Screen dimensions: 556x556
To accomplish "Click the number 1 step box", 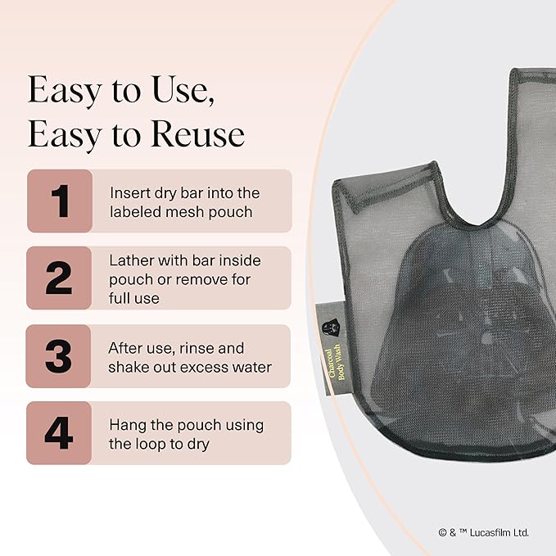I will point(59,201).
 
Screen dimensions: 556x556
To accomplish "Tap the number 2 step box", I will point(59,278).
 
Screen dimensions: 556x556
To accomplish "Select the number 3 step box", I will point(59,356).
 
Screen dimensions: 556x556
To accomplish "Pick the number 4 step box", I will point(59,433).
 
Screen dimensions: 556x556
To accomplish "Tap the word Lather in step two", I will point(130,260).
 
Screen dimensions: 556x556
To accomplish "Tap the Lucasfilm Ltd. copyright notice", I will point(483,532).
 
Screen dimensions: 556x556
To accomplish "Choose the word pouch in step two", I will point(128,280).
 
